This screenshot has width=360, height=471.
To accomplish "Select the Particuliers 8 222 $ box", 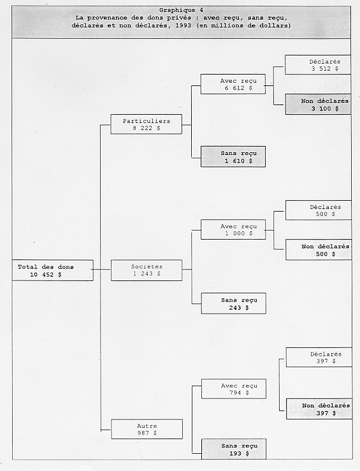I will click(146, 124).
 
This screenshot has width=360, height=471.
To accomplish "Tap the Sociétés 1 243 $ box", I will click(146, 270).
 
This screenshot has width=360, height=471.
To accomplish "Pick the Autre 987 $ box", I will click(146, 429).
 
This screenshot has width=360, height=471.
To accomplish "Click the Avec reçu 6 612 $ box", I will click(233, 84).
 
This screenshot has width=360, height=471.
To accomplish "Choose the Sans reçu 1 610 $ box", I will click(233, 157).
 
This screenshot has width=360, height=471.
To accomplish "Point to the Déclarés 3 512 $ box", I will click(317, 65).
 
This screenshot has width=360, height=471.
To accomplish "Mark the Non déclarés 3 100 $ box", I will click(317, 105).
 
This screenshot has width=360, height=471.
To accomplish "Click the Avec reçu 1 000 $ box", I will click(233, 229).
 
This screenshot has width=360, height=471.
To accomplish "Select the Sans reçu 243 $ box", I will click(233, 303).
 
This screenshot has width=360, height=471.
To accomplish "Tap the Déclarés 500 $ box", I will click(317, 210).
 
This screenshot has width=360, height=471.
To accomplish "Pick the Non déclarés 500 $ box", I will click(317, 250).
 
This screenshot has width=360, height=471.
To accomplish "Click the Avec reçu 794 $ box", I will click(233, 389).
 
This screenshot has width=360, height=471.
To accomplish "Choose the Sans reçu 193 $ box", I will click(233, 449).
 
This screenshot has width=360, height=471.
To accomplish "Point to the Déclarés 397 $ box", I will click(317, 358).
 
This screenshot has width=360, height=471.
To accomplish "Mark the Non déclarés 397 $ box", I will click(317, 409).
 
